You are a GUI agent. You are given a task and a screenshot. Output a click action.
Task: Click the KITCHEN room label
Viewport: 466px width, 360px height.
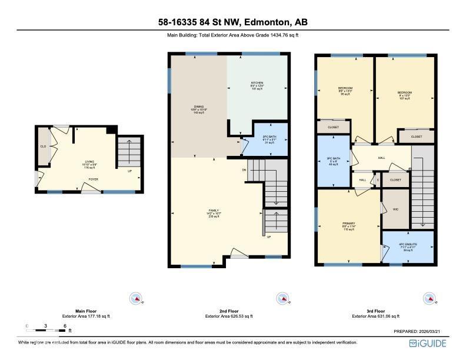[x=257, y=83]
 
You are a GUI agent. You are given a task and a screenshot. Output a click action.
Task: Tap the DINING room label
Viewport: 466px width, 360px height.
[x=199, y=106]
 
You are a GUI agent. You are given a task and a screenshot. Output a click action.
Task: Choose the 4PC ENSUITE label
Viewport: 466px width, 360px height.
[x=407, y=244]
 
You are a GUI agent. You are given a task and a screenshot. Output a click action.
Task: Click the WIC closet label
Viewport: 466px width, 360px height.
[x=396, y=209]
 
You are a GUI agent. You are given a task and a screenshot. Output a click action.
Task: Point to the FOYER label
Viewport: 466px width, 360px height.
[x=94, y=178]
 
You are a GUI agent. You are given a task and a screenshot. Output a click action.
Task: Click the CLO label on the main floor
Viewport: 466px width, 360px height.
[x=43, y=146]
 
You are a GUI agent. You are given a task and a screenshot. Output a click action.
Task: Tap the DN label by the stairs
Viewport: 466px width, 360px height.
[x=244, y=171]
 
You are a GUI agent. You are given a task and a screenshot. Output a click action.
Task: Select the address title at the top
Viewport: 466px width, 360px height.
[x=233, y=22]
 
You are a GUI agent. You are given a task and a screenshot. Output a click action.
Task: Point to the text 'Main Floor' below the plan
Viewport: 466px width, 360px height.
[x=86, y=311]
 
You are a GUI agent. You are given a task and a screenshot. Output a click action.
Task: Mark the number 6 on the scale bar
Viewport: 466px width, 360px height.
[x=64, y=325]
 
